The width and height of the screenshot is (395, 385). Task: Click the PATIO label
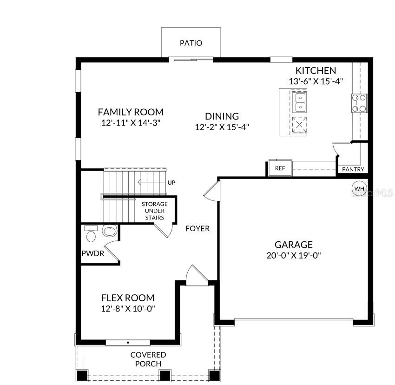point(191,43)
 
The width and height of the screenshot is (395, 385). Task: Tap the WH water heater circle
point(359,188)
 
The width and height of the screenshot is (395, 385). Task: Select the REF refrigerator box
point(280,168)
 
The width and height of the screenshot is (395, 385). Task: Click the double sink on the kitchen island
point(300,102)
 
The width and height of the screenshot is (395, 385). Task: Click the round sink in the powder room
point(110,231)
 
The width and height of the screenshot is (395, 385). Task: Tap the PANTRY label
point(353,169)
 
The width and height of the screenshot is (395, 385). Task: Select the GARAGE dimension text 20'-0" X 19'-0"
point(293,255)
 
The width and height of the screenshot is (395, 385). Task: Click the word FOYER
point(197,228)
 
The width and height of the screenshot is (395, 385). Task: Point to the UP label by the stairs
point(171,182)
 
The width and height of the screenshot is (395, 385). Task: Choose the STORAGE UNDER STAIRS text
point(154,211)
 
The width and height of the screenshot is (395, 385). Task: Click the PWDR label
point(93,254)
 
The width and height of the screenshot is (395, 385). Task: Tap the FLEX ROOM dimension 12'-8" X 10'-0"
point(128,308)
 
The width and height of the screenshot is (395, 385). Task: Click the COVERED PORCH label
point(148,359)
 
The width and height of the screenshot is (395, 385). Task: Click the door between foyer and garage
point(211,190)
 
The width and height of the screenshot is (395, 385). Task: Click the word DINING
point(222,116)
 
